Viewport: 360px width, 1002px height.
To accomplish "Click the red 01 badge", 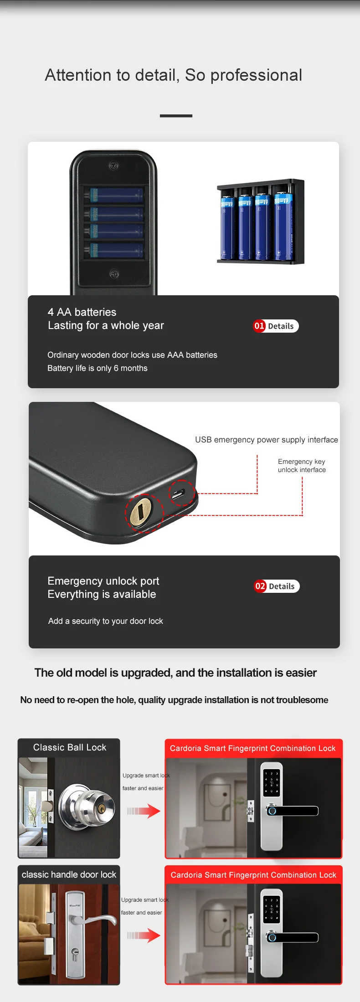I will click(259, 326).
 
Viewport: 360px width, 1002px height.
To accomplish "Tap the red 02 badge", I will click(260, 586).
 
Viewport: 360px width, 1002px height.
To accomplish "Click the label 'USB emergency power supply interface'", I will click(267, 440).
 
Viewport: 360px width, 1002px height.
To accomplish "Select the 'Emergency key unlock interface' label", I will click(302, 466).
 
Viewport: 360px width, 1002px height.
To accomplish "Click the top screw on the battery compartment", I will click(113, 165).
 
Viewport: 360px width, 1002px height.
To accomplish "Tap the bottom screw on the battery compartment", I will click(114, 274).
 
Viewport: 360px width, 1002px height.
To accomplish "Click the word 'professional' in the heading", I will click(256, 75).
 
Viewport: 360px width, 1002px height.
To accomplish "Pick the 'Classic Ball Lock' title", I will click(70, 747).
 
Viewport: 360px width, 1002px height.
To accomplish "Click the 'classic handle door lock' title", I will click(69, 874).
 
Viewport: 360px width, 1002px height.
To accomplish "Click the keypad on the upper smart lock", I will click(272, 782).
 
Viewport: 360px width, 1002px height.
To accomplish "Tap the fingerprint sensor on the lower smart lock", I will click(272, 937).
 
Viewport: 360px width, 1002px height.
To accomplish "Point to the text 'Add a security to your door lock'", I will click(106, 621).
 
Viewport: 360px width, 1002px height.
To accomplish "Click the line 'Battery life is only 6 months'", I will click(98, 368).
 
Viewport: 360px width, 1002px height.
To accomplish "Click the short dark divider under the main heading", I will click(176, 116).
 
